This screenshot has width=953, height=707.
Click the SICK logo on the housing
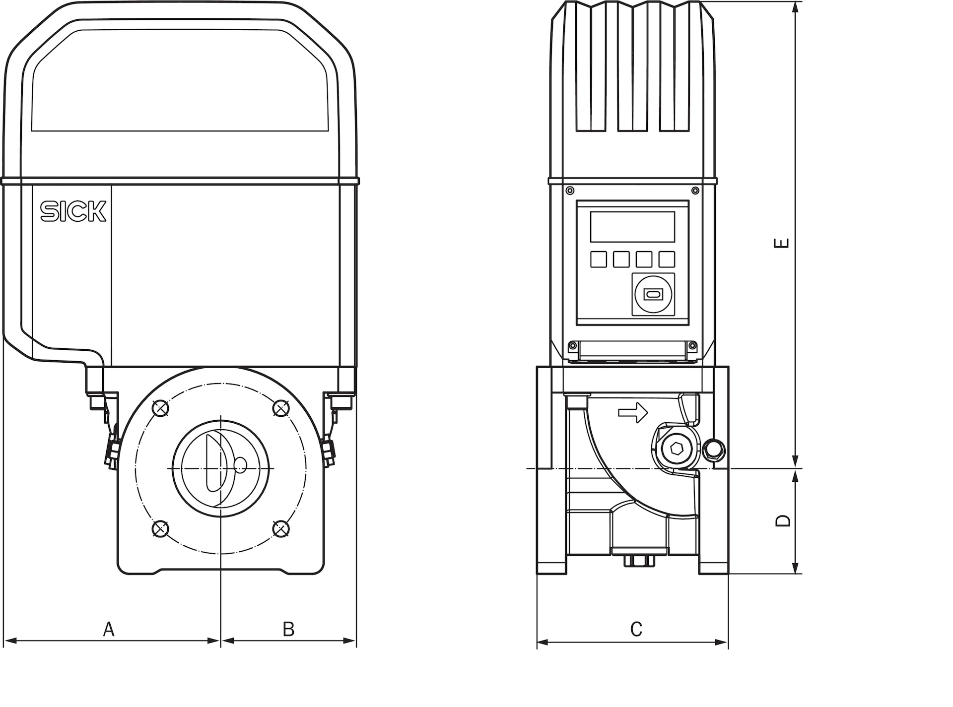(73, 211)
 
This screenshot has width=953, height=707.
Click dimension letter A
(109, 629)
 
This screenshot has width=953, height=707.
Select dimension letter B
(288, 629)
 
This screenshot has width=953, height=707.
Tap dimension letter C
(636, 629)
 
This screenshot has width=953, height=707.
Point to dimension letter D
(783, 520)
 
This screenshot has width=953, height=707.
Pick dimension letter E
(782, 243)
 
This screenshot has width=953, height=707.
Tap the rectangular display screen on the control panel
(632, 227)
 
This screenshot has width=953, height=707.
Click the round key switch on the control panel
(653, 294)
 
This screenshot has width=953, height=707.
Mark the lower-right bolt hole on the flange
(281, 529)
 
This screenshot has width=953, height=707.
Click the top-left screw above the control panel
(570, 191)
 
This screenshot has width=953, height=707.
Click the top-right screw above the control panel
(695, 191)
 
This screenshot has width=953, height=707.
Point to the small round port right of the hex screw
(714, 450)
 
